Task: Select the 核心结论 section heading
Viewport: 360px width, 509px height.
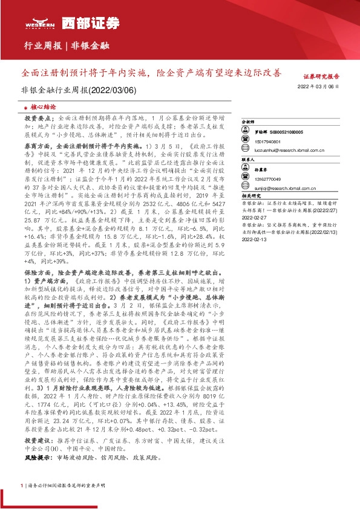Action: pyautogui.click(x=42, y=106)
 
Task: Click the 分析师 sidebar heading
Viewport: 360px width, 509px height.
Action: pyautogui.click(x=249, y=122)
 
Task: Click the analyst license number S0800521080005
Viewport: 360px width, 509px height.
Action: pyautogui.click(x=286, y=131)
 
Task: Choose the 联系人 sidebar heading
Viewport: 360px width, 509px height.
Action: pyautogui.click(x=249, y=159)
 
